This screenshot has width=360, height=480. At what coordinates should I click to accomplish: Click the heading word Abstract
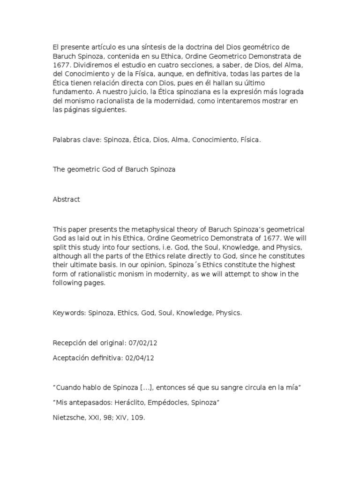click(x=66, y=199)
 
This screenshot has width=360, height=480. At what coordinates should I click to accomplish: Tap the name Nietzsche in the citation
click(x=68, y=416)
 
